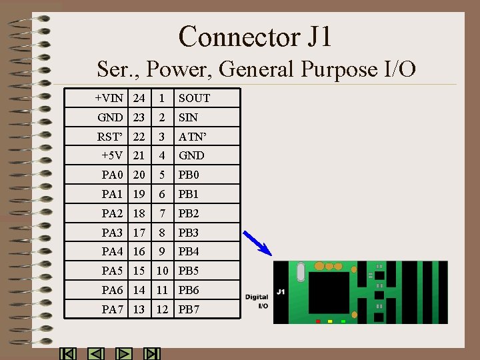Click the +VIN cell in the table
[x=109, y=98]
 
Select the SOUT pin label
[x=194, y=98]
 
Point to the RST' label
[x=110, y=136]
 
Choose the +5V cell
[x=112, y=155]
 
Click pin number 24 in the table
[x=139, y=98]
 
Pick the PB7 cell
[x=189, y=309]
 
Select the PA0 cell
[x=112, y=175]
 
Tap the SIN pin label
[x=188, y=117]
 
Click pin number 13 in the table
[x=139, y=309]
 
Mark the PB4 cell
[x=189, y=251]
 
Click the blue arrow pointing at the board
[x=257, y=243]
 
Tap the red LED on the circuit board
[x=318, y=321]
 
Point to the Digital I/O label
[x=257, y=301]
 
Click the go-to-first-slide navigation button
[x=68, y=354]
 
